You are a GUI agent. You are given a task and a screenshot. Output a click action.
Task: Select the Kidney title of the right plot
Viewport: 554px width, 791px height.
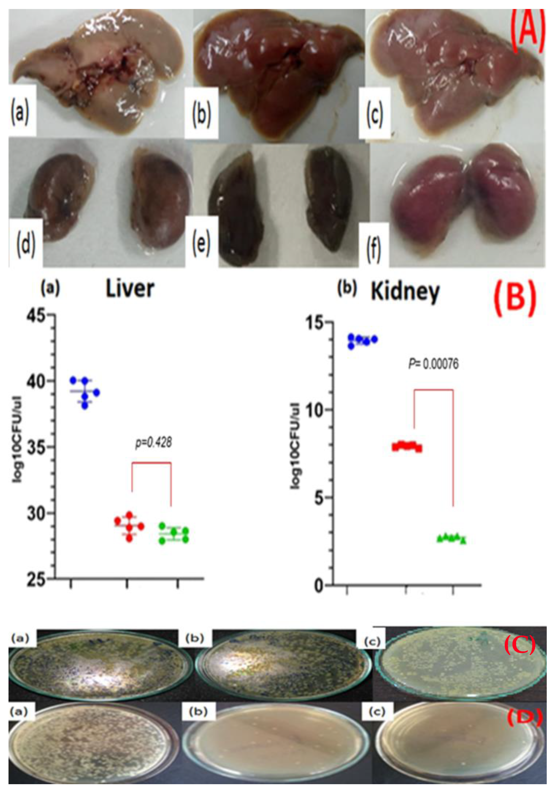point(405,293)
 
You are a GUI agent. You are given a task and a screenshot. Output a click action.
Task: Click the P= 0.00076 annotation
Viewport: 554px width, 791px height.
point(434,364)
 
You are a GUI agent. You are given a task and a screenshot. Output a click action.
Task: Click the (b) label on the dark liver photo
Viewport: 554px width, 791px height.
point(201,113)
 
